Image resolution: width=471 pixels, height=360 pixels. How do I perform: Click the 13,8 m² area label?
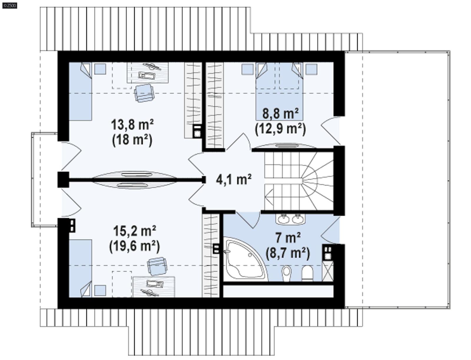coord(132,125)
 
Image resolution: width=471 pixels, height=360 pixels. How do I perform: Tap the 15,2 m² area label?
coord(135,231)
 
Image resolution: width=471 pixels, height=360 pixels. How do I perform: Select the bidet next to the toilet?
coord(286,273)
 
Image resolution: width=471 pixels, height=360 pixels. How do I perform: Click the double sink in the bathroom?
coord(290,219)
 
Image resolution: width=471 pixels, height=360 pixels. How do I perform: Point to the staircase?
coord(299,180)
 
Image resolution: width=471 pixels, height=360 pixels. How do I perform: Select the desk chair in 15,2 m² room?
coord(157,266)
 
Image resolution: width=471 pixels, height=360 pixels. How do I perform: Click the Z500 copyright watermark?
coord(9,5)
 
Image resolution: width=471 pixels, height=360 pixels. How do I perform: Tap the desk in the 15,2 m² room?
coord(154,286)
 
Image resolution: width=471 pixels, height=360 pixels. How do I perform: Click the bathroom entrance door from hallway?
coord(248,219)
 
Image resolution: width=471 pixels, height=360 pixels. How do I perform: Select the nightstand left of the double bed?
coord(247,69)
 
